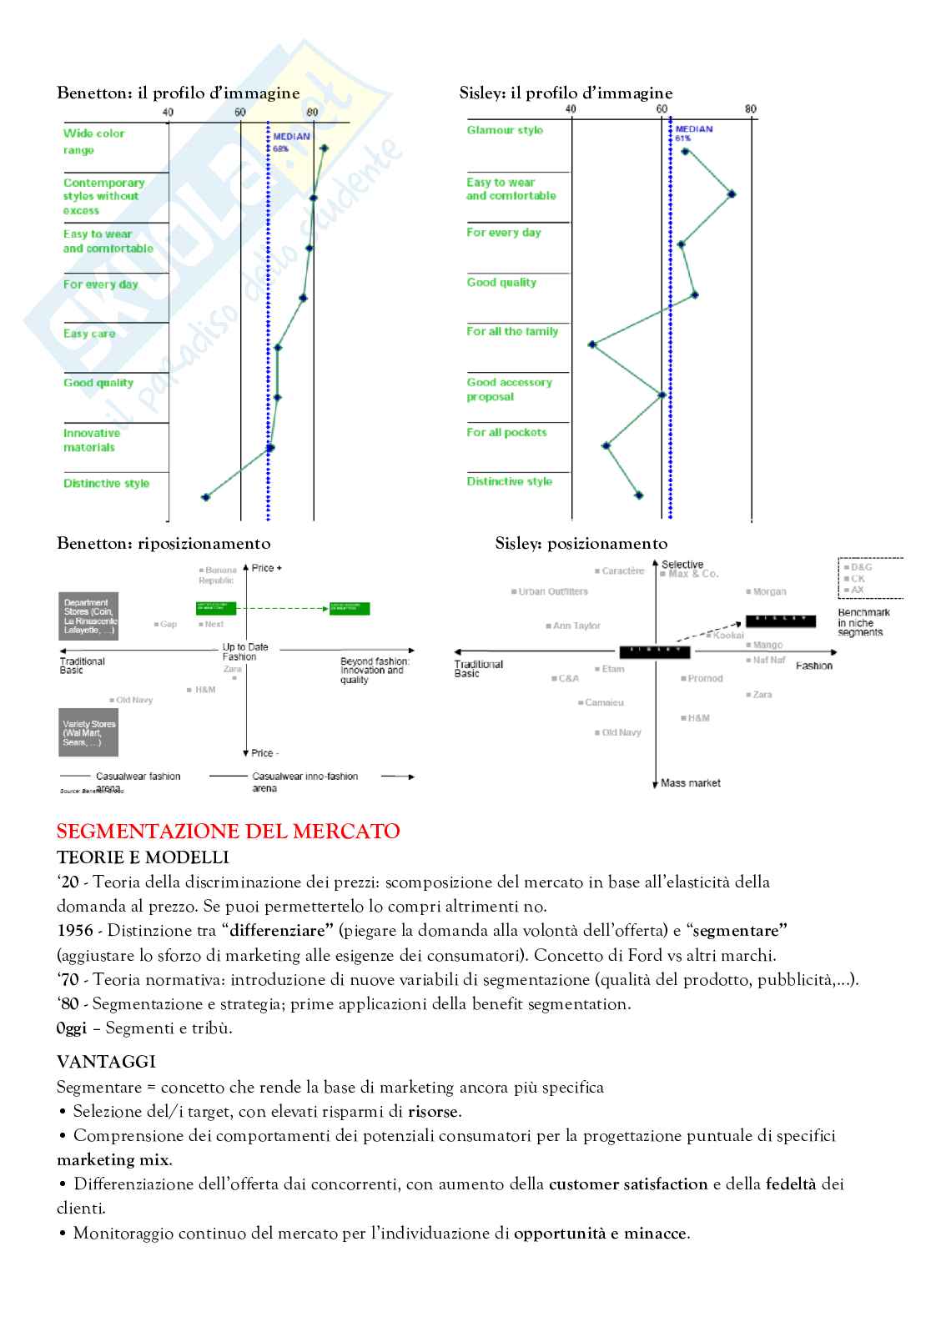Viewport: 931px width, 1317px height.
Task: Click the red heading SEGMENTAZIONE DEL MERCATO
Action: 228,831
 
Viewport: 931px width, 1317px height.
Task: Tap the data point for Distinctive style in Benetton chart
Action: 206,497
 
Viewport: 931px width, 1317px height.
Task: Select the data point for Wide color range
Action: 325,148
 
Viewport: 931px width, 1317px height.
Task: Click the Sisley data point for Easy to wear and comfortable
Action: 732,194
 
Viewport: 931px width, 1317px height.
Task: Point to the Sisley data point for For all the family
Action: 592,344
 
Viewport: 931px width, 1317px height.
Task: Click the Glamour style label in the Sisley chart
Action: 505,130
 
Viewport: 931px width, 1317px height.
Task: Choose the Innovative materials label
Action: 91,440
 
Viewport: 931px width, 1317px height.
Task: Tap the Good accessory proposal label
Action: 509,389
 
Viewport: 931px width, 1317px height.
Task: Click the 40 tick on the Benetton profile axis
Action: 168,113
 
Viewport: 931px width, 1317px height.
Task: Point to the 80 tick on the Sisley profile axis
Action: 751,109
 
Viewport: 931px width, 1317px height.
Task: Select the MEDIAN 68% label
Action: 290,141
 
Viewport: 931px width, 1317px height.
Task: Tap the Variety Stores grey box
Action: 88,732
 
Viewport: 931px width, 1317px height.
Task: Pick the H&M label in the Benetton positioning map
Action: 204,690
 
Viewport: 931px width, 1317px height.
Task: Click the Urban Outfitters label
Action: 552,591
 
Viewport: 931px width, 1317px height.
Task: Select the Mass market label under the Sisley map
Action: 690,783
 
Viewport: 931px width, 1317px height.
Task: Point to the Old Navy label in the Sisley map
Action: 621,732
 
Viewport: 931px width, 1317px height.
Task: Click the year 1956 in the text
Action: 75,930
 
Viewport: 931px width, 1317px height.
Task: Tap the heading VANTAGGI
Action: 106,1062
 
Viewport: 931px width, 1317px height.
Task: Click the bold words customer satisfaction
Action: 628,1184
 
